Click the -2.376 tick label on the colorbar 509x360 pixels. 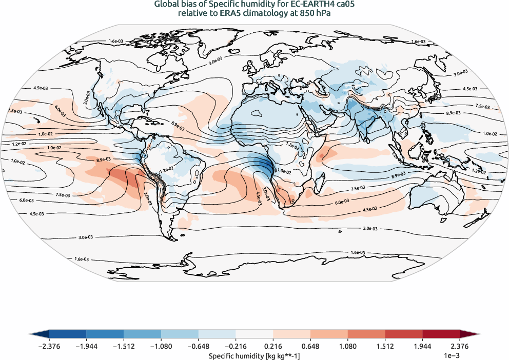(49, 346)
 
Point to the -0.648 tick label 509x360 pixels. (198, 346)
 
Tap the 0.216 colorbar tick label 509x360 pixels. (273, 346)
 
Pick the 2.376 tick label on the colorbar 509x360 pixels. (459, 346)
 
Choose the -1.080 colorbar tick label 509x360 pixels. (161, 346)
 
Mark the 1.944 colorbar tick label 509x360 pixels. (422, 346)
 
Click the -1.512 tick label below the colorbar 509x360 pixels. (124, 346)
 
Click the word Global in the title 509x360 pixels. (166, 5)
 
